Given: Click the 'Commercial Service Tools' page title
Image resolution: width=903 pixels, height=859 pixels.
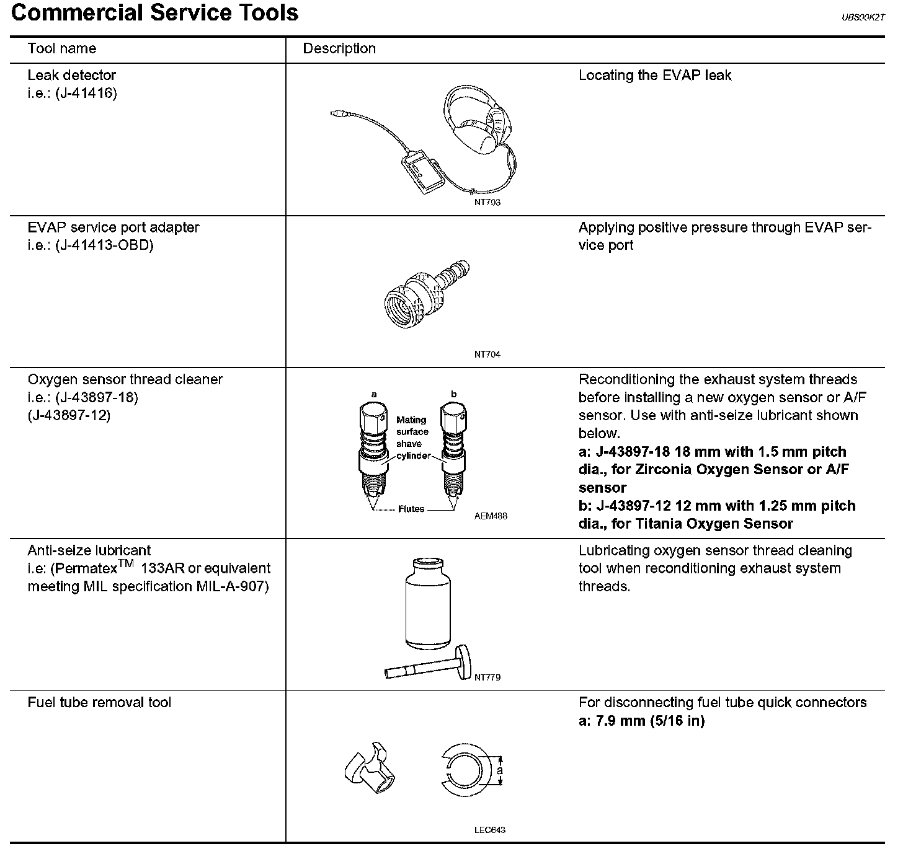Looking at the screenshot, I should (x=155, y=14).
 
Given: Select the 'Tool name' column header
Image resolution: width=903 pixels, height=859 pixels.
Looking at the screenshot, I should (x=62, y=48).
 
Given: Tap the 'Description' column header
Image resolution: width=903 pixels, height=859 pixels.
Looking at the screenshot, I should (x=339, y=48).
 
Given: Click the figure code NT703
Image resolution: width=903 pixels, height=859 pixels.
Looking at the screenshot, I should (x=487, y=202).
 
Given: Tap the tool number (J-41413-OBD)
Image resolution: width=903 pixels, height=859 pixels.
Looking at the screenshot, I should (x=104, y=245).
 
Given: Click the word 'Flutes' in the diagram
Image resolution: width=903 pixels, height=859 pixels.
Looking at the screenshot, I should (x=411, y=509).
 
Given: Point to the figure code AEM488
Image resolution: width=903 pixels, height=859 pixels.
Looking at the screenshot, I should (x=490, y=516).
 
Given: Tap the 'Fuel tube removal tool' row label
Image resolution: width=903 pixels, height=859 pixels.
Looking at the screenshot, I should (x=99, y=702).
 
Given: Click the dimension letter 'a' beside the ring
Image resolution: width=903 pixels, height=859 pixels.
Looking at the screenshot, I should (x=500, y=771).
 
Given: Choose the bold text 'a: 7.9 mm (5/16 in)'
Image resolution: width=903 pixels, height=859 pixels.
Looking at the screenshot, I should (x=641, y=721).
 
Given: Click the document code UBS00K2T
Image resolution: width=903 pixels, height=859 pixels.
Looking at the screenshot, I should (x=863, y=18).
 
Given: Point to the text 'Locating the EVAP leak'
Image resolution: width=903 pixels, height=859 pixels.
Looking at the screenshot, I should (x=655, y=76).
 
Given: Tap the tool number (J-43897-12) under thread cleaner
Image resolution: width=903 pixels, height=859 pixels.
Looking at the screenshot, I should (x=69, y=415).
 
